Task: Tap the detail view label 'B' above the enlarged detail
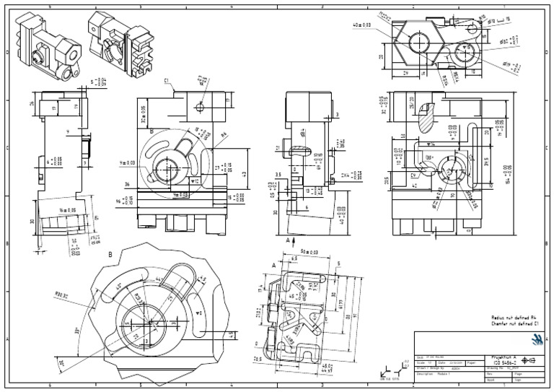[x=110, y=254]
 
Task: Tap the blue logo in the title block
[x=535, y=340]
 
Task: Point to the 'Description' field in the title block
[x=426, y=373]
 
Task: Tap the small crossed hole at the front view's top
[x=201, y=107]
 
